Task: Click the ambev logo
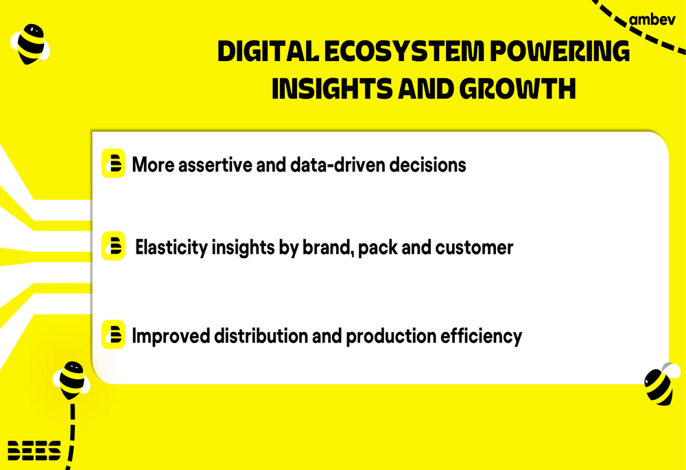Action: click(x=652, y=20)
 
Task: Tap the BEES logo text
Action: click(x=34, y=450)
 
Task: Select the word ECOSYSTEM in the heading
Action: click(x=404, y=51)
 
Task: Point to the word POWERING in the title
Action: click(x=560, y=51)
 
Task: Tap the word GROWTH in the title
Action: click(x=517, y=89)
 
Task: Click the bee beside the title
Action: click(x=30, y=44)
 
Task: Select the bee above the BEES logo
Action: click(x=71, y=380)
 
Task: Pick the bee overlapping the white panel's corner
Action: click(x=661, y=384)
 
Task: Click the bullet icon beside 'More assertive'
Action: click(x=113, y=163)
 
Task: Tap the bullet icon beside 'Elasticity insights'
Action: click(x=113, y=246)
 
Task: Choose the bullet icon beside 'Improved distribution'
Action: click(x=113, y=335)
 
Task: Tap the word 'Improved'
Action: click(x=171, y=336)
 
